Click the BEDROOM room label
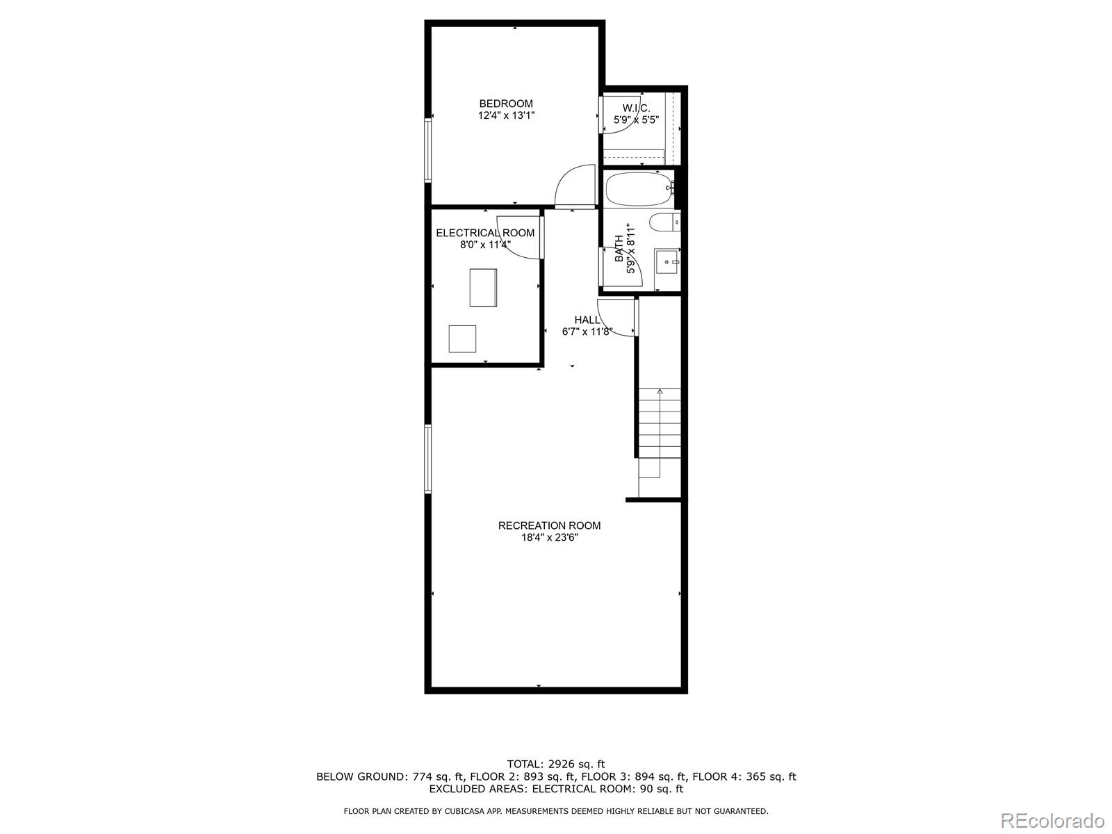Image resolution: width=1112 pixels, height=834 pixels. (x=505, y=104)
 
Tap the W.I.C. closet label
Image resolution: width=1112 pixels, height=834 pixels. (x=636, y=108)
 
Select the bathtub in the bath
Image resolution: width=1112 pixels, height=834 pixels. (x=638, y=189)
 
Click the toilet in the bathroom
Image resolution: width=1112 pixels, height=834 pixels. (x=664, y=222)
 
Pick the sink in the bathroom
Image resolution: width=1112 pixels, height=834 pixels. (x=669, y=262)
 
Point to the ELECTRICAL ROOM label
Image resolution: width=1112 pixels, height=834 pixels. (x=485, y=233)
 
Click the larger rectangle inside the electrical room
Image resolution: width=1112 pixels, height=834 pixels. (x=483, y=288)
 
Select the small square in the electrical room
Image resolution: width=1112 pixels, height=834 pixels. (x=462, y=338)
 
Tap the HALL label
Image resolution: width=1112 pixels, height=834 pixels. (x=587, y=320)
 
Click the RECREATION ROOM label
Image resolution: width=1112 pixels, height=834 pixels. (x=549, y=525)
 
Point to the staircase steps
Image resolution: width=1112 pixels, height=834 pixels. (x=660, y=424)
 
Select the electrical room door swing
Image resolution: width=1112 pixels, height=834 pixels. (x=519, y=244)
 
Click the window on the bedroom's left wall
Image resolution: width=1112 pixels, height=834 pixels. (x=428, y=150)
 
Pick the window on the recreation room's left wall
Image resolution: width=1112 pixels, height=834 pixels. (x=428, y=459)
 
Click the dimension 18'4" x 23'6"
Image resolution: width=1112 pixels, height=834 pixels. (x=549, y=537)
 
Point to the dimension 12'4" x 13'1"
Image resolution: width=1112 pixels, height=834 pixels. (x=505, y=116)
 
